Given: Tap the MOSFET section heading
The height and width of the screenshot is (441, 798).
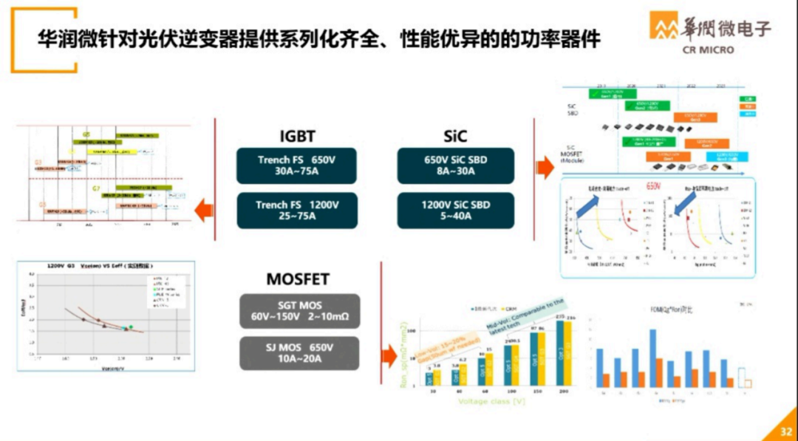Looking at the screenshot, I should [x=298, y=279].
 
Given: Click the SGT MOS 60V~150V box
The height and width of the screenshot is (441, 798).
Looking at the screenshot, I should [x=299, y=311].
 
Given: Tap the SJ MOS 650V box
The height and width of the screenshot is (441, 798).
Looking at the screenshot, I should [x=299, y=353].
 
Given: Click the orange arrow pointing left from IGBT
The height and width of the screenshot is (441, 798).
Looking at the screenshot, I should [x=204, y=212].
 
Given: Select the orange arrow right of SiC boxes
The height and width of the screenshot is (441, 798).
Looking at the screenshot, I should [x=545, y=168].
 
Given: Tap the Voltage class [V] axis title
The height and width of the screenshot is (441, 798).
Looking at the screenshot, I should [x=491, y=401].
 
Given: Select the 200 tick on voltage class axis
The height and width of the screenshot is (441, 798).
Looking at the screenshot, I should [x=565, y=391].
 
